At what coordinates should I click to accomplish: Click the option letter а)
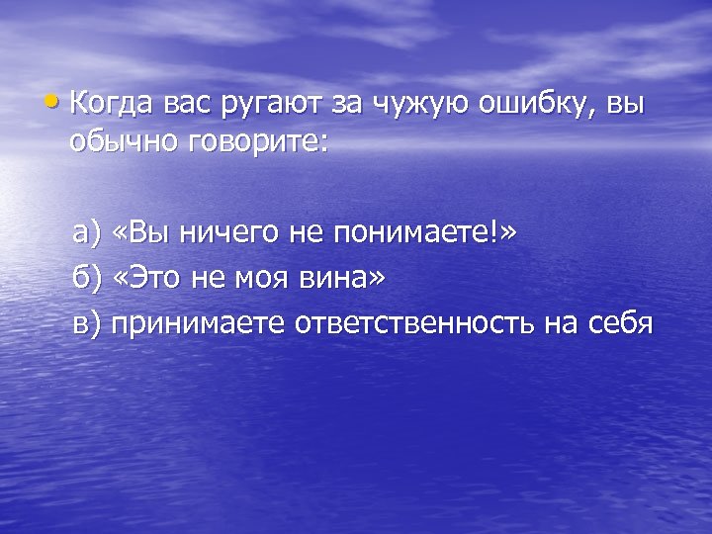pyautogui.click(x=87, y=233)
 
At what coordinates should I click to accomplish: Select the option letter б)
pyautogui.click(x=87, y=278)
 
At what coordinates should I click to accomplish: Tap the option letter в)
pyautogui.click(x=87, y=323)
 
